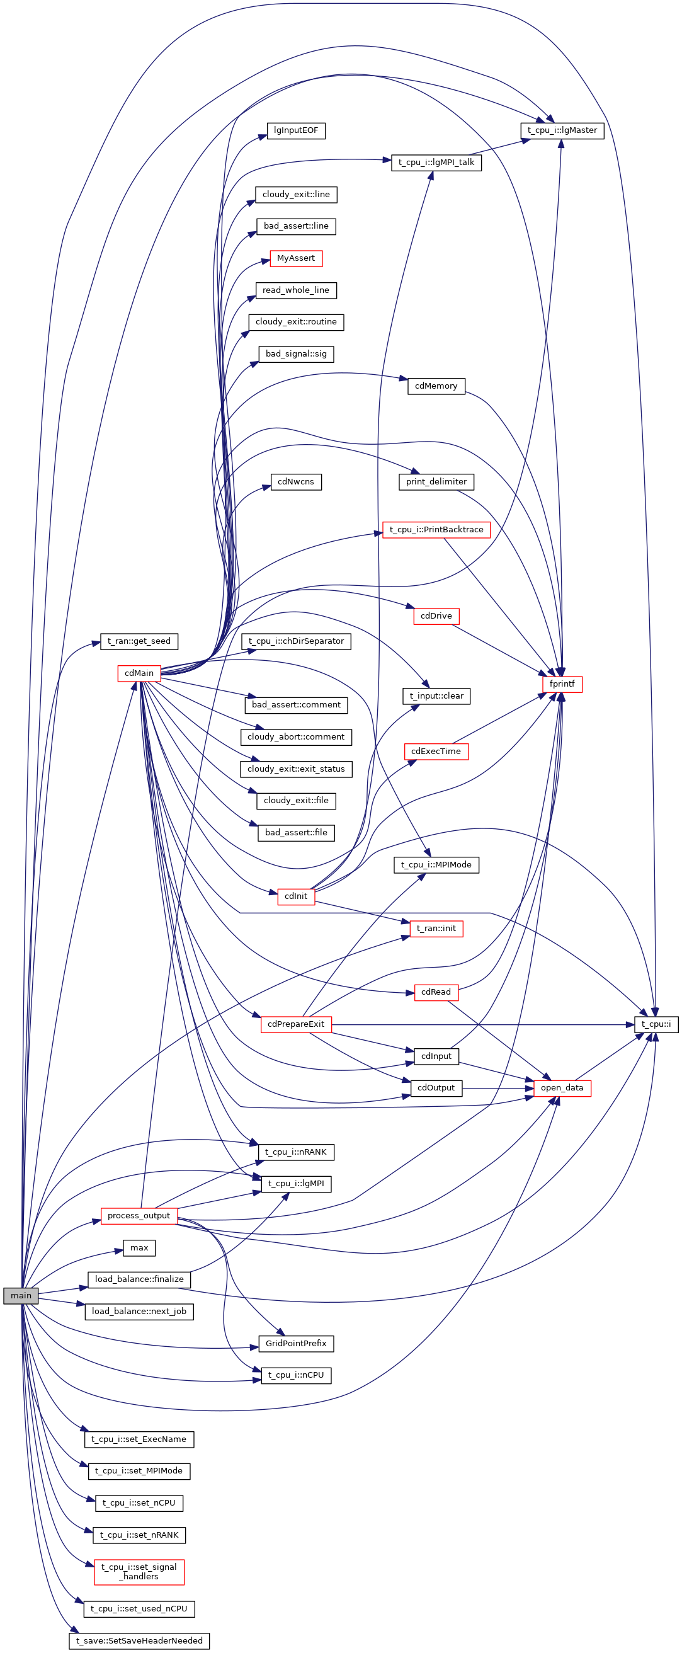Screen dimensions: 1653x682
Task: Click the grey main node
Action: (x=21, y=1295)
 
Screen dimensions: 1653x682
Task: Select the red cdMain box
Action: (x=139, y=673)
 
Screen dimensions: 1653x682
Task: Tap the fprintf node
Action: (x=562, y=684)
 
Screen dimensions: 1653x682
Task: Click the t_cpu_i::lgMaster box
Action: (x=561, y=130)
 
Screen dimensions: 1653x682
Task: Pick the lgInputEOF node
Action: (x=296, y=131)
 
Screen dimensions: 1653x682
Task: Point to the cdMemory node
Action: (x=436, y=386)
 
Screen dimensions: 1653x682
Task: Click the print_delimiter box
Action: (x=436, y=482)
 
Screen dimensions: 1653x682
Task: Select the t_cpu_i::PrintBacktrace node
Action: (x=436, y=530)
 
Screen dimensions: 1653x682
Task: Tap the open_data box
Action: (x=562, y=1088)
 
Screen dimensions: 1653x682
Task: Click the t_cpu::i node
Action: (x=656, y=1024)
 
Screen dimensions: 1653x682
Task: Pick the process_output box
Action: (x=139, y=1215)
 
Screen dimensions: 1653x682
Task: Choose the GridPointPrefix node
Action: (x=296, y=1343)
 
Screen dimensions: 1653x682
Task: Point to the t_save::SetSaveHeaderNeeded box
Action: (x=139, y=1640)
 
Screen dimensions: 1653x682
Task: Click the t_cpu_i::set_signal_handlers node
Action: (x=139, y=1572)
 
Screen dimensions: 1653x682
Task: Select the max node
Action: (x=139, y=1247)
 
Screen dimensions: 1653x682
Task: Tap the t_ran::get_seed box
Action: (x=139, y=641)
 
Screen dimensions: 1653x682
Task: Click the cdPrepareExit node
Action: (x=296, y=1024)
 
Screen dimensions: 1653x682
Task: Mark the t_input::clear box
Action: (x=436, y=696)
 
